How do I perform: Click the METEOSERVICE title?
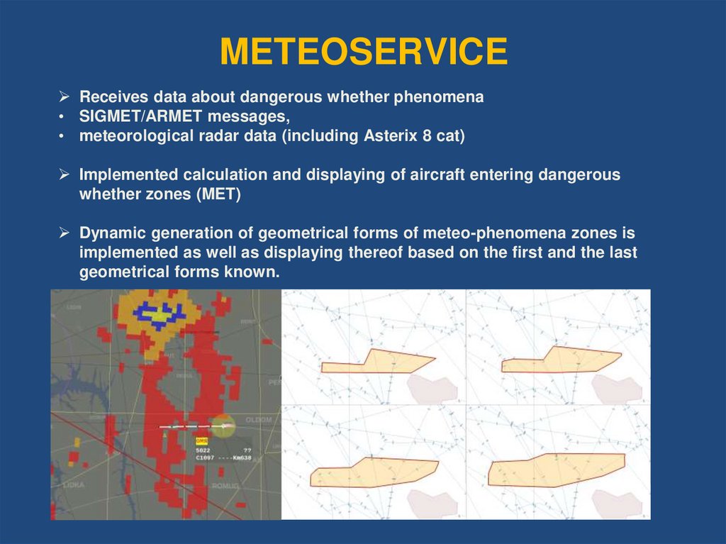[x=363, y=52]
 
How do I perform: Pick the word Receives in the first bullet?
[x=111, y=97]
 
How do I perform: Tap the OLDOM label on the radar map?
[x=258, y=420]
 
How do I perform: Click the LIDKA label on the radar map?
[x=73, y=484]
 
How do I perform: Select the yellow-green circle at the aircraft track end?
[x=222, y=426]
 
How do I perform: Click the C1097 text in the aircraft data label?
[x=206, y=458]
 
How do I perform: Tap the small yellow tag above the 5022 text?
[x=201, y=440]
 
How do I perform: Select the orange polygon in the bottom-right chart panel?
[x=557, y=470]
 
